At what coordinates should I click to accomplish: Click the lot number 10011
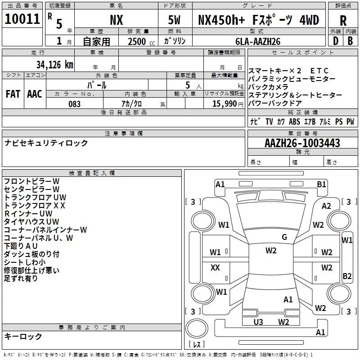pyautogui.click(x=22, y=19)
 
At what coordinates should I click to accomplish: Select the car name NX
pyautogui.click(x=117, y=20)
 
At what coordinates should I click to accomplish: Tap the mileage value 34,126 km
pyautogui.click(x=55, y=65)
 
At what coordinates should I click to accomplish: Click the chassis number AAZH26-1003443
pyautogui.click(x=302, y=143)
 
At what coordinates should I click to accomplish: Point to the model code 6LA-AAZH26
pyautogui.click(x=258, y=41)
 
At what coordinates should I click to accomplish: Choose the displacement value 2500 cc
pyautogui.click(x=141, y=41)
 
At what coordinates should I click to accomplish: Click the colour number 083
pyautogui.click(x=74, y=104)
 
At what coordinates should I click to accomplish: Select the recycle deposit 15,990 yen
pyautogui.click(x=228, y=104)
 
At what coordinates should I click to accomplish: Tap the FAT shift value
pyautogui.click(x=13, y=94)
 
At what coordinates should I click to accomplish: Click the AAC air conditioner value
pyautogui.click(x=35, y=94)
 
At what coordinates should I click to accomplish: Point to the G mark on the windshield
pyautogui.click(x=284, y=237)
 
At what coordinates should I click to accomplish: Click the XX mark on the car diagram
pyautogui.click(x=215, y=267)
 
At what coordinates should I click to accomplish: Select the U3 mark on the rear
pyautogui.click(x=258, y=322)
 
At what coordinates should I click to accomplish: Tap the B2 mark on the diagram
pyautogui.click(x=347, y=276)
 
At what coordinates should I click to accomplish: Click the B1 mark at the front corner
pyautogui.click(x=321, y=184)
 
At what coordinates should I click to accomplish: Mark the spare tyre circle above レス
pyautogui.click(x=197, y=328)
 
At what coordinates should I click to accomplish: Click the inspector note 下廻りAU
pyautogui.click(x=21, y=246)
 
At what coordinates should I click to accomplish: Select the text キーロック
pyautogui.click(x=23, y=336)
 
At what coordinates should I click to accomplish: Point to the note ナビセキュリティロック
pyautogui.click(x=46, y=143)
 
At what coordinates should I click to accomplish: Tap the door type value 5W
pyautogui.click(x=174, y=20)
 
